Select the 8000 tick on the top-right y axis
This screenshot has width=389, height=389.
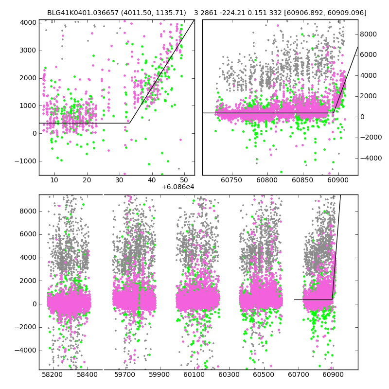370,34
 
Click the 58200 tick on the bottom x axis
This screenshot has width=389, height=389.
52,375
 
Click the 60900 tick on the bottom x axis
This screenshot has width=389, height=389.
333,375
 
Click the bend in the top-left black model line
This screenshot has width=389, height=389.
129,123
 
